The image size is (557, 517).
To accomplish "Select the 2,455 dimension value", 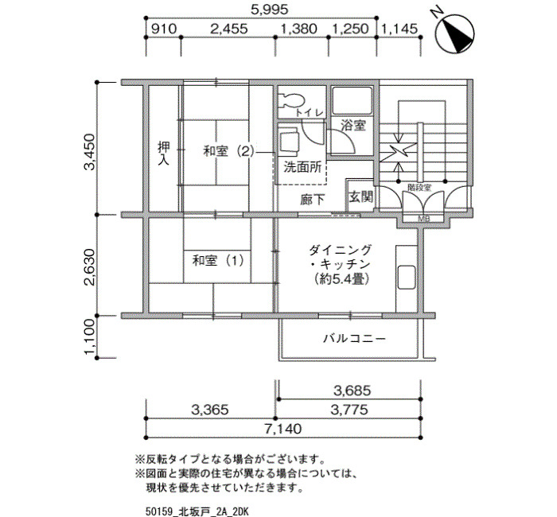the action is [229, 29].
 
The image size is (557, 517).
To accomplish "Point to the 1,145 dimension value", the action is [399, 29].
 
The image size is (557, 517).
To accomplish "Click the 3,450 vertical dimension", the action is [89, 152].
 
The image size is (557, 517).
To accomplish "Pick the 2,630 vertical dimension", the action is [89, 267].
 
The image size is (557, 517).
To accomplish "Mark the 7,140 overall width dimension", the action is [283, 429].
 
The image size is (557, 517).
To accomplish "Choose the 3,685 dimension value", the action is [353, 391].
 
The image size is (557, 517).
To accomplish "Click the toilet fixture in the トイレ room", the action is [290, 99].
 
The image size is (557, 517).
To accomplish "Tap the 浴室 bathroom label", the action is [353, 126].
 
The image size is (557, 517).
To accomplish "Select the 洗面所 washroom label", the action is [302, 167].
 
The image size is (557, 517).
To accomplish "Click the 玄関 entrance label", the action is [361, 196].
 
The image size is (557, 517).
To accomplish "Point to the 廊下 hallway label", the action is [312, 200].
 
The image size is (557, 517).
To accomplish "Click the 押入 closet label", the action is [163, 154].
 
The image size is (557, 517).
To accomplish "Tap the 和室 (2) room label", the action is [229, 151].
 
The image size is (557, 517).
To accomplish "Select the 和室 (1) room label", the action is [218, 261].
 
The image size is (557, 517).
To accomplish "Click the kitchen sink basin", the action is [407, 278].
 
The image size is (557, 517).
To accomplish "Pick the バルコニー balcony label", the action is [354, 338].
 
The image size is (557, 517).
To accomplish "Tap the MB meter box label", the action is [424, 219].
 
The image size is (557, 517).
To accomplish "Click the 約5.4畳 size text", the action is [341, 279].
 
